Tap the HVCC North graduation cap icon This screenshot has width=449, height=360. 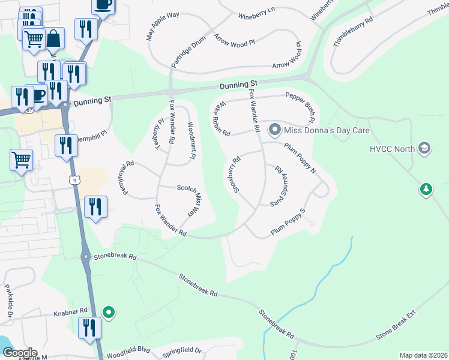[x=425, y=148]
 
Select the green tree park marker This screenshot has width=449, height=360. [x=426, y=190]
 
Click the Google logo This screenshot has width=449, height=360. [x=19, y=352]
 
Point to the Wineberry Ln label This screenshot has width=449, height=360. [x=256, y=13]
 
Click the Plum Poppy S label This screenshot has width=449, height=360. [x=288, y=221]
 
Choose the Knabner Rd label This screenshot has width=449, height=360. [x=71, y=311]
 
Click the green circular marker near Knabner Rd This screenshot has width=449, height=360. [x=109, y=312]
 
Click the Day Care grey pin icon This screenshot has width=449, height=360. [x=275, y=129]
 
